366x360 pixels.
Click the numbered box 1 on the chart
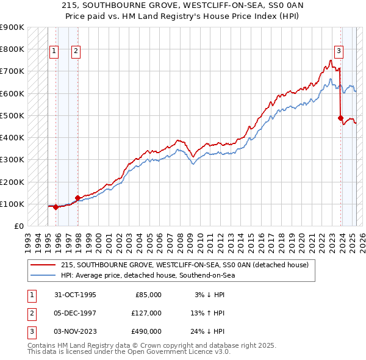tap(54, 52)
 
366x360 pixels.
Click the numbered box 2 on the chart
tap(75, 52)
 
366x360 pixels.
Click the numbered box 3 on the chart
tap(338, 52)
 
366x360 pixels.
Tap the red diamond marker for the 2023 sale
tap(340, 118)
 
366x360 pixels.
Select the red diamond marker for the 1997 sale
tap(77, 198)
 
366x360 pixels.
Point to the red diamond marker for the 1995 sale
tap(56, 207)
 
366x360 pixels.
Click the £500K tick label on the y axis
tap(12, 115)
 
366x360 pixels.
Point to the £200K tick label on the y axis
tap(12, 182)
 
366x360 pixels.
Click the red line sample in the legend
tap(43, 265)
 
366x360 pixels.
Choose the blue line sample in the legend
tap(43, 275)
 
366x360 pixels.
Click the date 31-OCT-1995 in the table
tap(75, 295)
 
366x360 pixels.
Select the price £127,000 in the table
tap(146, 313)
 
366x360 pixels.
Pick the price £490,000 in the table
tap(146, 331)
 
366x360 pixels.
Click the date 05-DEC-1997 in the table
tap(75, 313)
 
